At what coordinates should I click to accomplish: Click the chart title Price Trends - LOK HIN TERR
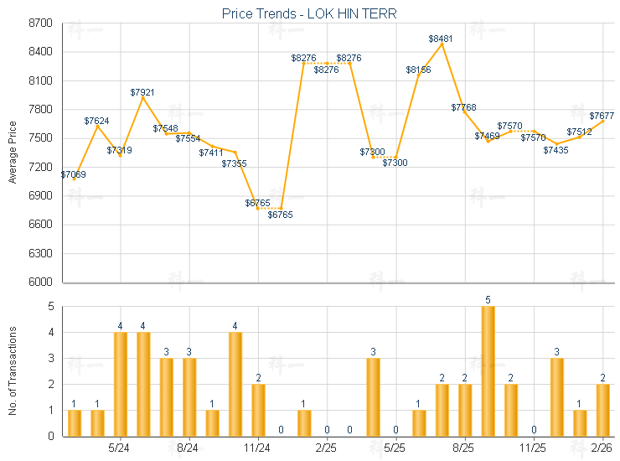(309, 13)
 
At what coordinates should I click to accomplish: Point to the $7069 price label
(73, 174)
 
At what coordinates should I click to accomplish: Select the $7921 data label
(142, 92)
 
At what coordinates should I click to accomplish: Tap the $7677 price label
(602, 116)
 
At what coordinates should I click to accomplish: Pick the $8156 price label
(418, 70)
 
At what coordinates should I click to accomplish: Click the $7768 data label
(463, 107)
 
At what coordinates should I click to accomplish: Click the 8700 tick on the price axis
(40, 23)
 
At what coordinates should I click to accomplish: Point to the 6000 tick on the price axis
(40, 282)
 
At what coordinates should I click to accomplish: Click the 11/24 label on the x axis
(257, 448)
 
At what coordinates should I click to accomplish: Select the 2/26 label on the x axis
(602, 448)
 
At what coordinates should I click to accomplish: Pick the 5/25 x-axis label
(395, 448)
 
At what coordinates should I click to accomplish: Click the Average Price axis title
(12, 153)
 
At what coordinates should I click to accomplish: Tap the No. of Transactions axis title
(12, 371)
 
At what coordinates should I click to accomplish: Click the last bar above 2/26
(602, 410)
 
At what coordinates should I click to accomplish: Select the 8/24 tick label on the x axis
(189, 448)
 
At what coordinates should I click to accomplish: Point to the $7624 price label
(97, 121)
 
